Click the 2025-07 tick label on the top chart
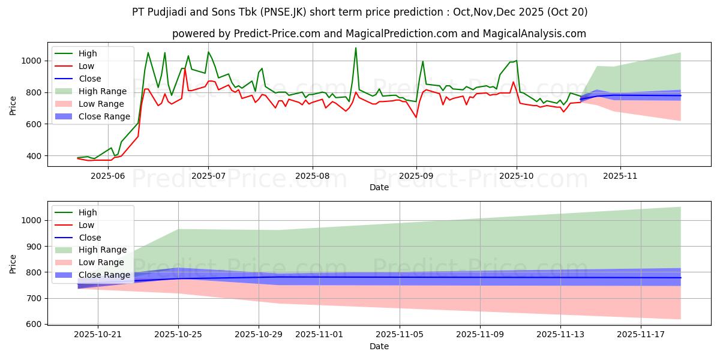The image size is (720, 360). (x=208, y=176)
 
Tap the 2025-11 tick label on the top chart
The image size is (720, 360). (x=620, y=176)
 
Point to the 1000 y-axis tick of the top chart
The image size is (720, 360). (x=31, y=61)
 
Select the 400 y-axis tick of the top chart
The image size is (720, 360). (x=34, y=156)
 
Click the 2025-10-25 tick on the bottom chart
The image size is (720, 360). (x=178, y=335)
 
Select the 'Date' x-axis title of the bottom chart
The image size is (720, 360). (x=379, y=346)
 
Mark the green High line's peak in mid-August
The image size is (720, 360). (x=356, y=48)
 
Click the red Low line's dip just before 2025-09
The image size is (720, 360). (x=416, y=117)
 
